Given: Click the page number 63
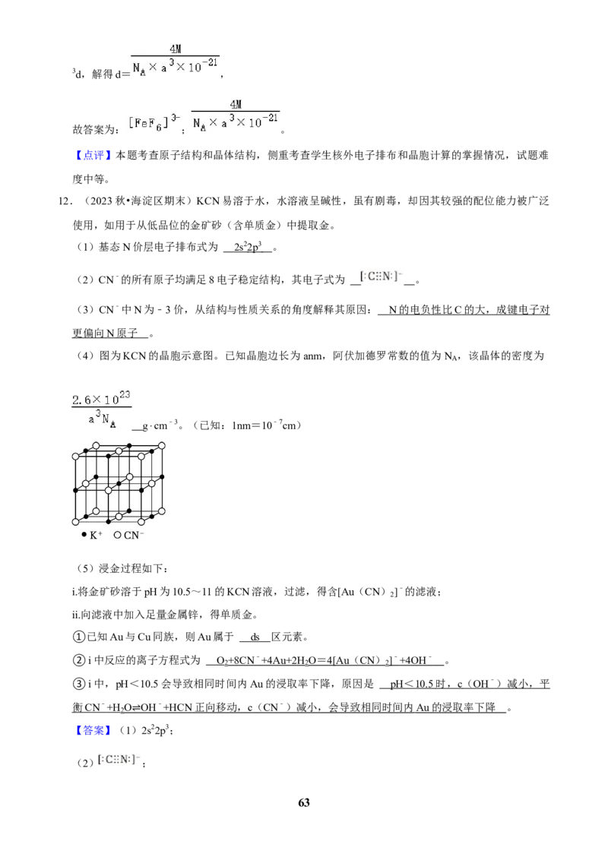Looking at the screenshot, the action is [x=303, y=802].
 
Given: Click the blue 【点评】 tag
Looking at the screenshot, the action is [x=92, y=155].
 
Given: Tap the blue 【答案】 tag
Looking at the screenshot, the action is [x=92, y=730].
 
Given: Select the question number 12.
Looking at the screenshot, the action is [x=64, y=201].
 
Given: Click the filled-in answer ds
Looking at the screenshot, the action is [x=255, y=637].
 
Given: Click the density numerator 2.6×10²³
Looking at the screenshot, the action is [x=102, y=397].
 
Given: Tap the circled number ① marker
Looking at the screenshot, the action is [x=79, y=637].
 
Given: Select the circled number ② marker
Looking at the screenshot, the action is [x=79, y=660].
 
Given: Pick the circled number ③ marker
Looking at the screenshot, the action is [x=79, y=684].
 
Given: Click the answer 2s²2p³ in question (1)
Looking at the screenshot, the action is [x=248, y=247].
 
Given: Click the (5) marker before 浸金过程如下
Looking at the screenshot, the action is [x=86, y=568].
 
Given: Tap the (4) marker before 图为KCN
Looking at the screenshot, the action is [x=86, y=356].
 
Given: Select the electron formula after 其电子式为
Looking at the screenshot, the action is [x=382, y=277].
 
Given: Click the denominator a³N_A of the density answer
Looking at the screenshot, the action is [x=102, y=420].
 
